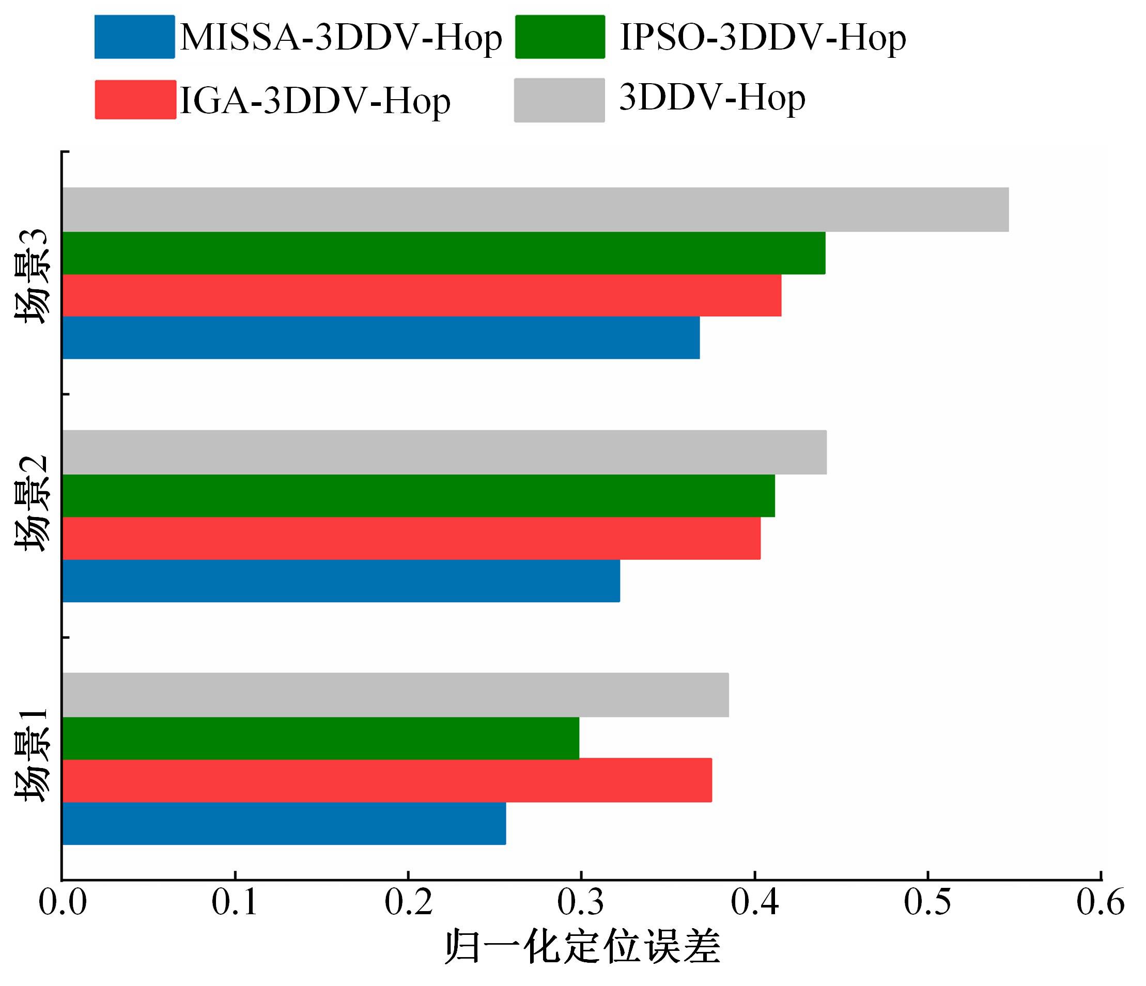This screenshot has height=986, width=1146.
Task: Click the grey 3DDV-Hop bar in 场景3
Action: pyautogui.click(x=535, y=210)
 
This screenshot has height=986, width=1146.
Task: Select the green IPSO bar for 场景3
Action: pyautogui.click(x=444, y=253)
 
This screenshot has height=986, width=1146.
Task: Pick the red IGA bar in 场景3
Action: pyautogui.click(x=422, y=295)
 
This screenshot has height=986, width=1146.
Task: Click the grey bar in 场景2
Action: pyautogui.click(x=444, y=452)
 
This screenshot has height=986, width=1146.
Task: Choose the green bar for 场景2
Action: pyautogui.click(x=418, y=495)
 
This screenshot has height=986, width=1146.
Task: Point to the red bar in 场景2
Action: pyautogui.click(x=411, y=538)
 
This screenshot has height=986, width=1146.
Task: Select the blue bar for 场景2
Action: pyautogui.click(x=340, y=581)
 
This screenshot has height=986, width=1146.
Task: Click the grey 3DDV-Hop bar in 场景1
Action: pyautogui.click(x=395, y=695)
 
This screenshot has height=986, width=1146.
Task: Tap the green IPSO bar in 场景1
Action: pyautogui.click(x=321, y=738)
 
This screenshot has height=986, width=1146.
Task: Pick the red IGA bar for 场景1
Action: pyautogui.click(x=386, y=780)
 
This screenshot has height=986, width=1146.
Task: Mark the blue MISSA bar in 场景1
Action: pyautogui.click(x=284, y=823)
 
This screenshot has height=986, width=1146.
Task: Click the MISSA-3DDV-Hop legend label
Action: pyautogui.click(x=340, y=38)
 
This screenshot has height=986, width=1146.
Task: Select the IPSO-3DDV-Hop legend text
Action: pyautogui.click(x=763, y=38)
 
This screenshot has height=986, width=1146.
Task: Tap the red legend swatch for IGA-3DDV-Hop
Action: pyautogui.click(x=135, y=100)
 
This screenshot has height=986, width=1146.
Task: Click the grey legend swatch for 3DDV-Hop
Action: pyautogui.click(x=559, y=100)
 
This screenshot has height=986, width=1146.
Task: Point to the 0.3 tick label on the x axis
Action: pyautogui.click(x=581, y=902)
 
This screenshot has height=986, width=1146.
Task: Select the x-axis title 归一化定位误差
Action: pyautogui.click(x=582, y=947)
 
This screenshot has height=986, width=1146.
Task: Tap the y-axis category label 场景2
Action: pyautogui.click(x=32, y=504)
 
